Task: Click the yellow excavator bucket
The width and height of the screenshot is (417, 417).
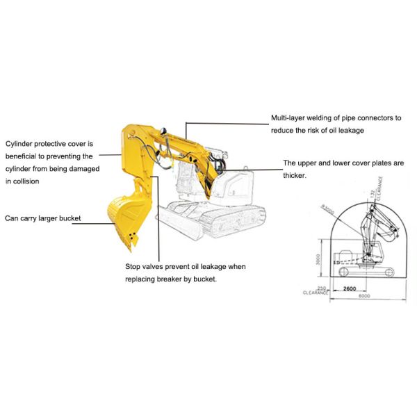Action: [124, 215]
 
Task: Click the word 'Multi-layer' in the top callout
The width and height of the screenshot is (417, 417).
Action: [289, 118]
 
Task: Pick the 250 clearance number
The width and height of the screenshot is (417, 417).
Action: [320, 288]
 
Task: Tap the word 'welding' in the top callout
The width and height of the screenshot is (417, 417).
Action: [327, 118]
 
